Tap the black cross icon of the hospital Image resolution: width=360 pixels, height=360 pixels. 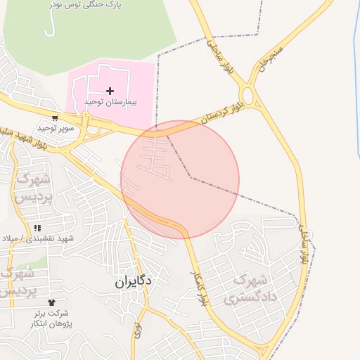coord(110,90)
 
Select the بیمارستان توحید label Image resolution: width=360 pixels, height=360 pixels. coord(110,103)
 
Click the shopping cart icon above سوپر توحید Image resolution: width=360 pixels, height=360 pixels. coord(55,117)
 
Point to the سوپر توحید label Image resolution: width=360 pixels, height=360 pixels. coord(56,129)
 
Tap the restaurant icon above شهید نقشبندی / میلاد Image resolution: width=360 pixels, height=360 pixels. coord(37,229)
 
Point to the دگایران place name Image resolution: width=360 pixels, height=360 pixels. coord(135,281)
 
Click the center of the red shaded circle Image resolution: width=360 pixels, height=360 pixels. coord(180,179)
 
